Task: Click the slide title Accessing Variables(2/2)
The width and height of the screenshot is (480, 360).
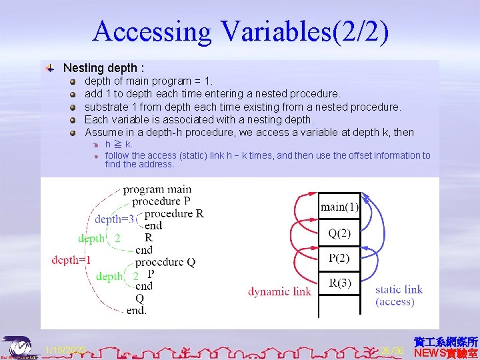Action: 240,31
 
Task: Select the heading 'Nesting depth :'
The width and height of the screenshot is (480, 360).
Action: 103,68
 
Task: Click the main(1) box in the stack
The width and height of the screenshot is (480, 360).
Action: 339,207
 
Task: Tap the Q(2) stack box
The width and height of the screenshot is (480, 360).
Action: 339,233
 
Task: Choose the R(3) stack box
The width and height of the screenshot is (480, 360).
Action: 339,283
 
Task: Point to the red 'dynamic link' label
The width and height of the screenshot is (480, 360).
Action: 279,291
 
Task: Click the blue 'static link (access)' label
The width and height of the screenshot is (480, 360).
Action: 399,295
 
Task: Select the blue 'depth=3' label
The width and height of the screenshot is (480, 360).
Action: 114,219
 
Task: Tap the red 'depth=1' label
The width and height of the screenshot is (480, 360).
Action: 71,260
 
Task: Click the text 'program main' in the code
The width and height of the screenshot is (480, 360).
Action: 157,189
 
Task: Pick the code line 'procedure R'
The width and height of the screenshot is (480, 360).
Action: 174,213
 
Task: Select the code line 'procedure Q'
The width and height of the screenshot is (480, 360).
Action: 165,262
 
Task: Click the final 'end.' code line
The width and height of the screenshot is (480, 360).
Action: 136,310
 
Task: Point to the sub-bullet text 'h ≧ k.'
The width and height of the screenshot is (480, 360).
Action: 119,144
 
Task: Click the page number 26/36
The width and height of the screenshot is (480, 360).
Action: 392,351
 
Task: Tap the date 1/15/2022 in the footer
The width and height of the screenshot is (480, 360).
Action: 65,350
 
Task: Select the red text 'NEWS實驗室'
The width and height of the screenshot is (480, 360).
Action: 445,353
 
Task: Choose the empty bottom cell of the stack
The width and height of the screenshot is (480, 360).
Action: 339,306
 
